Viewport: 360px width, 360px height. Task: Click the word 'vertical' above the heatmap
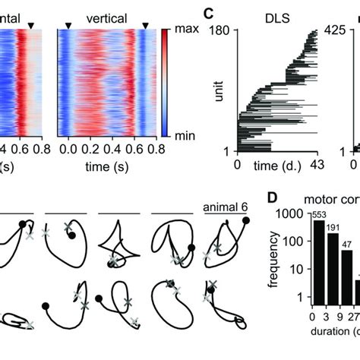[x=106, y=16]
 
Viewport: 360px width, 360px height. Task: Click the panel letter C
[x=208, y=13]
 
